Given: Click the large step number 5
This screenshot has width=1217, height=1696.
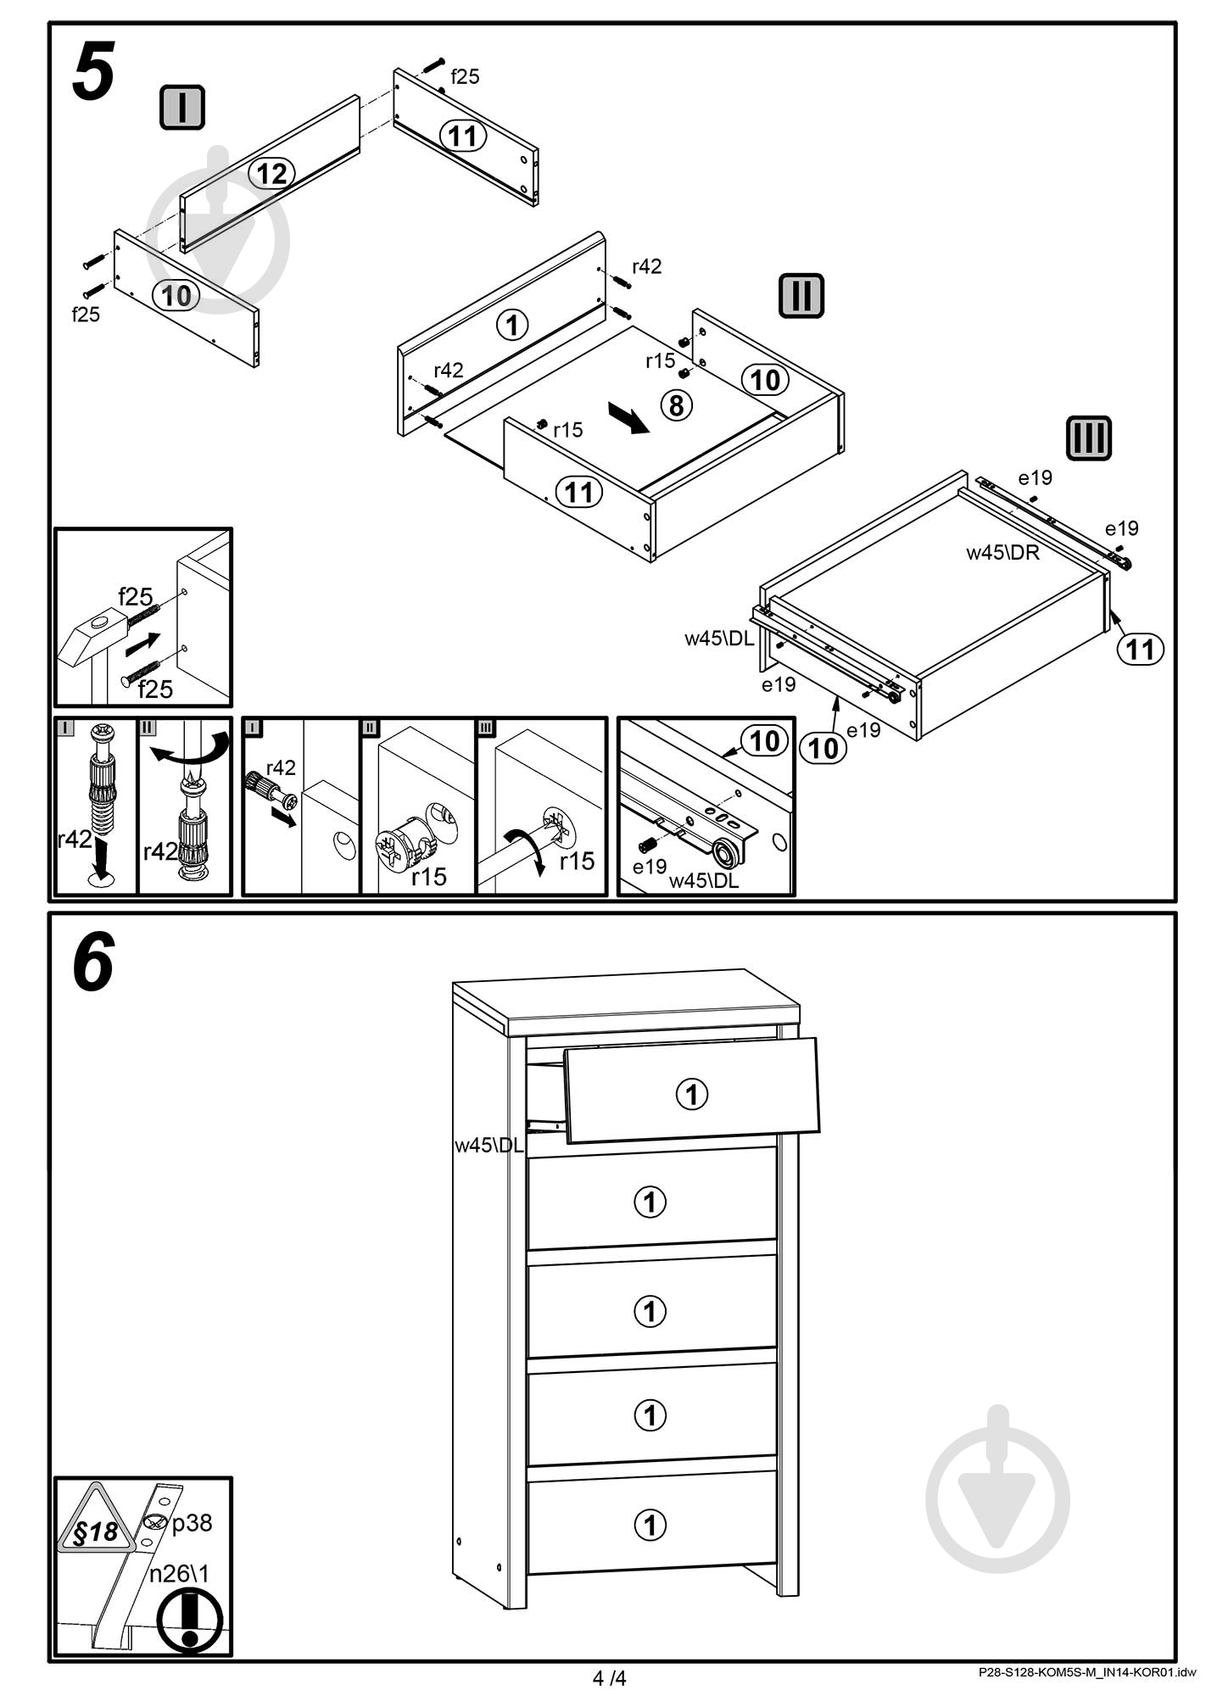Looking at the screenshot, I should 93,73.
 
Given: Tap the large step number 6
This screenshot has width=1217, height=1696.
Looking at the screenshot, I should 93,962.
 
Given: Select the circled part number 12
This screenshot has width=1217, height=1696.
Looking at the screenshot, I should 271,174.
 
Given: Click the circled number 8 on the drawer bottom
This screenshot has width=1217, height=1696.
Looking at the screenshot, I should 676,405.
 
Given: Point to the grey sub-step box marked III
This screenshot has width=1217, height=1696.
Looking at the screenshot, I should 1088,438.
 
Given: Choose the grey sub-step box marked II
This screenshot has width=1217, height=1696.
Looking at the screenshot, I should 801,296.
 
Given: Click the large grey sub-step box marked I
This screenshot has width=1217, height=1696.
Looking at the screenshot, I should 182,108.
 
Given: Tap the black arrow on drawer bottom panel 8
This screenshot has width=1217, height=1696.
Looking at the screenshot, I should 628,418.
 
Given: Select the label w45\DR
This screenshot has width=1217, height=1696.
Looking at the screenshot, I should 1002,553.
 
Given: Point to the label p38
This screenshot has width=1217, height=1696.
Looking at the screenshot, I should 192,1524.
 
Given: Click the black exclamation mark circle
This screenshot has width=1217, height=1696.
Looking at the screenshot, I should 190,1621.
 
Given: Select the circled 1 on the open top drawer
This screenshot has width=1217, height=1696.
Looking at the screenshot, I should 691,1094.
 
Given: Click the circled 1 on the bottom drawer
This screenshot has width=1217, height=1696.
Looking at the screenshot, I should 650,1526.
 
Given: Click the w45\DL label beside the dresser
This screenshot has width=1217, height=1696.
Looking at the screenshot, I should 489,1145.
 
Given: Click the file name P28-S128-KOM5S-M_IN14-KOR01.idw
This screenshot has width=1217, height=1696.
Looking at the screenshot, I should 1086,1673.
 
